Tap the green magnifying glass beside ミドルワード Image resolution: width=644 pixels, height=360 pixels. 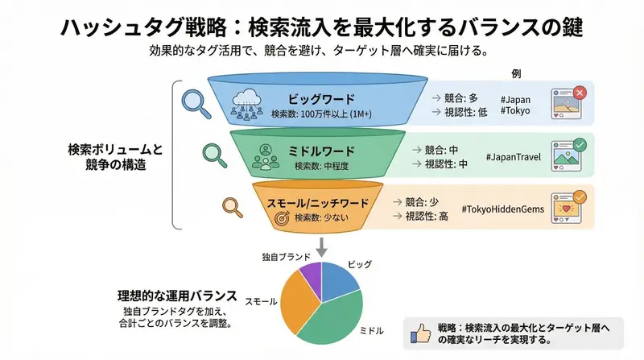tap(212, 151)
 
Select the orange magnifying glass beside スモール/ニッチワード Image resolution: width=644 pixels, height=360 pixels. tap(232, 205)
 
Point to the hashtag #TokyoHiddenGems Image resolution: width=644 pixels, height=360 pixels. tap(503, 209)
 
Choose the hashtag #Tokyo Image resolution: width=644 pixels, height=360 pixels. tap(515, 110)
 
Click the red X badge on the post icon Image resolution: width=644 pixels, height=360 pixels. tap(583, 93)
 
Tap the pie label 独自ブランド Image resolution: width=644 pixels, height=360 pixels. tap(287, 256)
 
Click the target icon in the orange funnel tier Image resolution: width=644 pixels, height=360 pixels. tap(282, 217)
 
